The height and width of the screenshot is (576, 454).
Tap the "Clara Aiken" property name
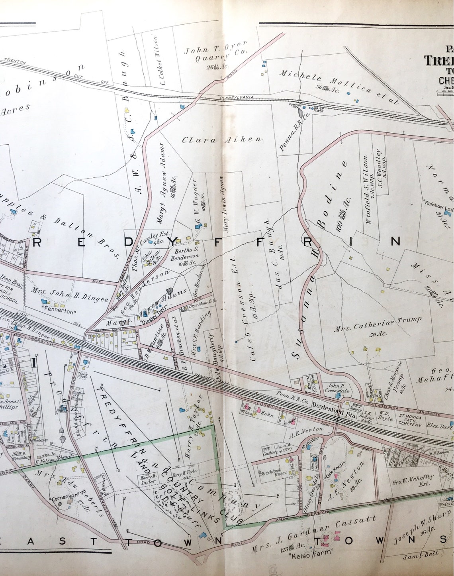[x=222, y=140]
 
